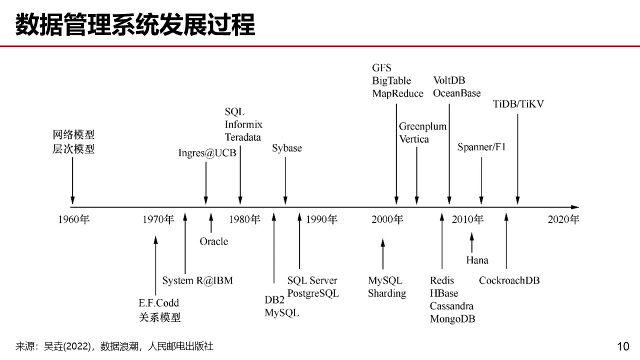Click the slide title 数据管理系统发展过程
click(135, 24)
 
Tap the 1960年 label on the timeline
click(73, 219)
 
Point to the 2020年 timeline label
click(563, 219)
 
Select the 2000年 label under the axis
click(387, 219)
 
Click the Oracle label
click(213, 241)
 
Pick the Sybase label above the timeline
click(287, 148)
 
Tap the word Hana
click(477, 260)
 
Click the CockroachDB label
click(509, 280)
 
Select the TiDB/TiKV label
click(518, 104)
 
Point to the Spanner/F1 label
click(481, 147)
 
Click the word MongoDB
click(452, 318)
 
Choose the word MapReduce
click(397, 93)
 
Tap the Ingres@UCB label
click(207, 152)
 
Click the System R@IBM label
click(197, 280)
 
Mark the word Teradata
click(242, 137)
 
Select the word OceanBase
click(456, 93)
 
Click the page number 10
click(623, 346)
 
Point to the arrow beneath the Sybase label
click(285, 180)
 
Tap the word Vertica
click(414, 139)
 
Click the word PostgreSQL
click(313, 293)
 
